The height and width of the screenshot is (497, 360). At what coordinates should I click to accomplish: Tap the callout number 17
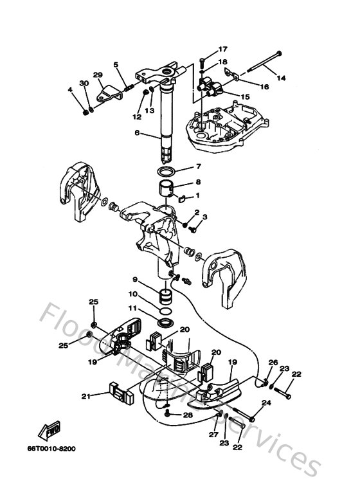pos(204,50)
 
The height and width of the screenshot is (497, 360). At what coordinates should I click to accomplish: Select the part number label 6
pos(136,133)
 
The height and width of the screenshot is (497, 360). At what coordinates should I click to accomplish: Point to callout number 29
pos(98,75)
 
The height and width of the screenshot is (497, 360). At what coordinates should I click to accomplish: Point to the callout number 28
pos(188,415)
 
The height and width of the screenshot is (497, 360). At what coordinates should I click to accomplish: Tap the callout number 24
pos(267,402)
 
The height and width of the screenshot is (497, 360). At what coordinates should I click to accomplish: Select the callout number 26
pos(273,363)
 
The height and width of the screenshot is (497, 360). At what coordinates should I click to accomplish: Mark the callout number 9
pos(136,280)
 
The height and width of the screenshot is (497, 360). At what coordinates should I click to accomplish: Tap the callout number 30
pos(84,84)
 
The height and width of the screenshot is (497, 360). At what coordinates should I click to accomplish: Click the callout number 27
pos(213,435)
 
